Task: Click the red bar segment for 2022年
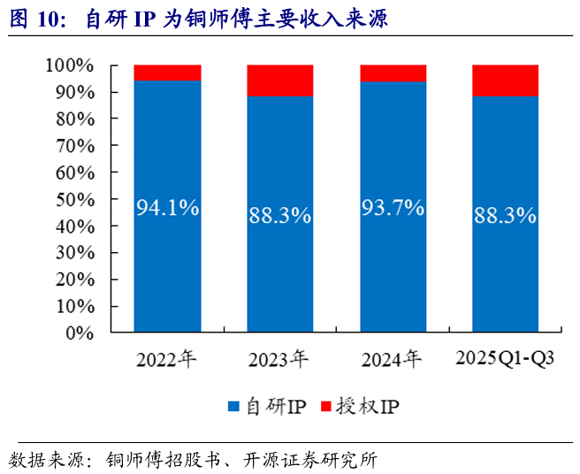(168, 73)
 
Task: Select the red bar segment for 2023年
(280, 80)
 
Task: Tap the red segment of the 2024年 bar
(393, 73)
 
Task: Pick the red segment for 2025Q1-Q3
(505, 80)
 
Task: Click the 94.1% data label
(168, 207)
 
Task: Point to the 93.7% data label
(393, 207)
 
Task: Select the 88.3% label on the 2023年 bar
(280, 215)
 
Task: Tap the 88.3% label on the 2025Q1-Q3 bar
(505, 215)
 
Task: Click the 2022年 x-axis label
(166, 359)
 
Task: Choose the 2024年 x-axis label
(392, 359)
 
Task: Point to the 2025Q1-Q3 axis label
(505, 358)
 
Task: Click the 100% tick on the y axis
(70, 65)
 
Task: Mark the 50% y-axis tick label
(75, 200)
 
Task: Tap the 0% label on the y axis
(80, 333)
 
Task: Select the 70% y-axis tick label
(75, 146)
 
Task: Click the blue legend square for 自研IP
(233, 406)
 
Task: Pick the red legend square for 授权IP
(326, 406)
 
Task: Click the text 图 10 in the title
(34, 19)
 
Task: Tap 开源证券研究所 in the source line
(310, 461)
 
